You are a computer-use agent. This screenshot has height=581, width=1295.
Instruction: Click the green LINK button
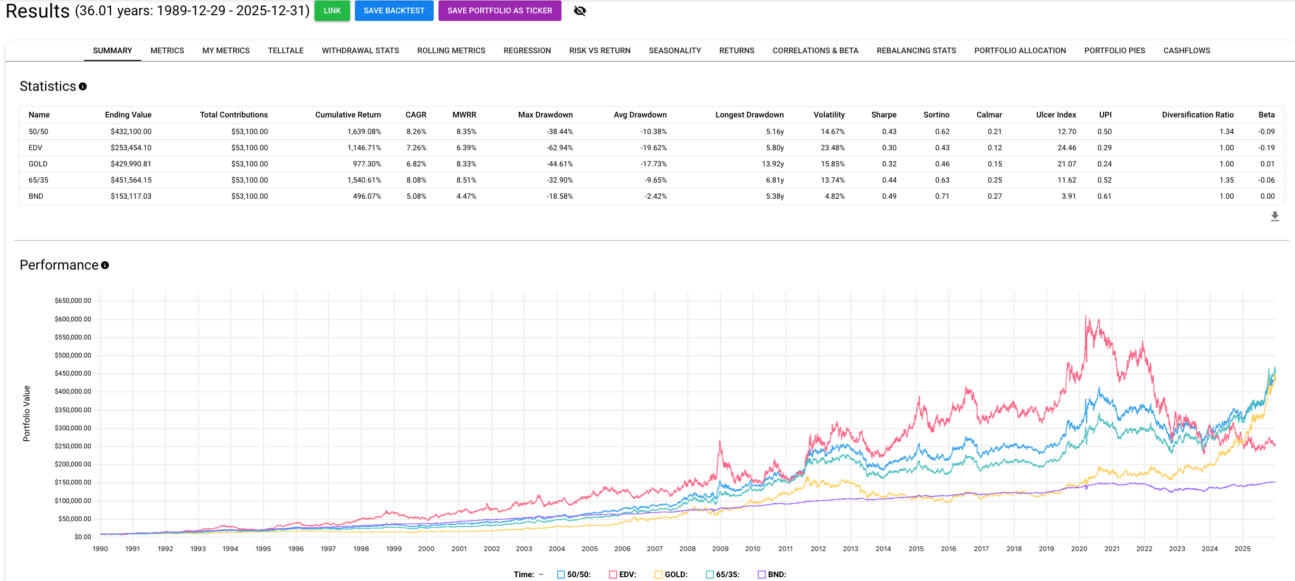(x=332, y=10)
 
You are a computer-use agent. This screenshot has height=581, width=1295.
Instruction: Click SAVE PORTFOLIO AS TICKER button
(x=499, y=10)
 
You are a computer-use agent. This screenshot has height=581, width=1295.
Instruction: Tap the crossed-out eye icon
(x=580, y=10)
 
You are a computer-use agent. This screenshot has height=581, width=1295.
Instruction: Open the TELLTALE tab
(x=285, y=50)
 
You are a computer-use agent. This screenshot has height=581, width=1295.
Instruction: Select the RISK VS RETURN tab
(x=599, y=50)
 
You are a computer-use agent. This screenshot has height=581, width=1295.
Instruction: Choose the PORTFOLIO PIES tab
(x=1114, y=50)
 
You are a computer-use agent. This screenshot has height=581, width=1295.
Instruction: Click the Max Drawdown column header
(x=545, y=115)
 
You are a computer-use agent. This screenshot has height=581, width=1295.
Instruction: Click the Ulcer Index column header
(x=1056, y=115)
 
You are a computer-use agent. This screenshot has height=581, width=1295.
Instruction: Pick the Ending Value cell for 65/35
(x=131, y=180)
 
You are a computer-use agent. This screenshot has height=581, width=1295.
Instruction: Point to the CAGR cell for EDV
(x=416, y=148)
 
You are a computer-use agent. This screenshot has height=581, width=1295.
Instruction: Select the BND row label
(x=36, y=196)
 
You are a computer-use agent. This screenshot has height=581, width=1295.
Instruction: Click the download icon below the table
(x=1275, y=216)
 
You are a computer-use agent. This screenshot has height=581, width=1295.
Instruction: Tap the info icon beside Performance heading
(x=105, y=265)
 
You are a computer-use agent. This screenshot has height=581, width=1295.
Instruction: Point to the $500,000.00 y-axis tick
(x=73, y=355)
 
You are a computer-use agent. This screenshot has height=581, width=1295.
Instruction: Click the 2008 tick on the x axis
(x=687, y=549)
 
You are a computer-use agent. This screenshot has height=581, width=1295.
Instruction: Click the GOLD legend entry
(x=671, y=574)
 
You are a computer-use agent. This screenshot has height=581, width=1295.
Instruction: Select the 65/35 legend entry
(x=723, y=574)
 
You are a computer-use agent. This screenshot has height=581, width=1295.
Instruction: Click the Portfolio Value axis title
(x=27, y=414)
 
